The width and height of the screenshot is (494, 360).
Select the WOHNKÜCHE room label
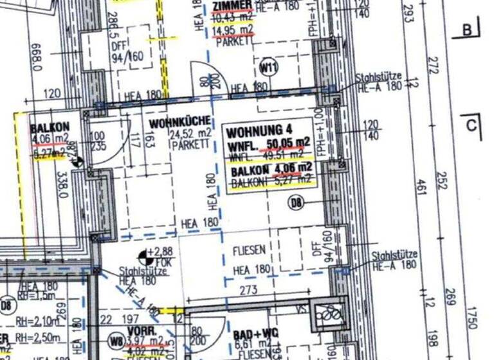[175, 123]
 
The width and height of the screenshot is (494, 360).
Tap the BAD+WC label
[246, 336]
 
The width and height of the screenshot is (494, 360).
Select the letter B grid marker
[468, 29]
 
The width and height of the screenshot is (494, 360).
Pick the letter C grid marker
[471, 125]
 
